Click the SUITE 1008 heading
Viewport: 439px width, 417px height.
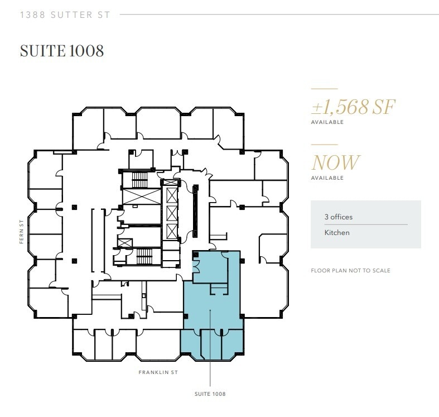coord(62,51)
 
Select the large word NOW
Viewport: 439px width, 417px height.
coord(335,162)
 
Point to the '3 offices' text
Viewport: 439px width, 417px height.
coord(339,217)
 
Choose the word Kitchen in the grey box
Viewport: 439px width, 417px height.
coord(337,232)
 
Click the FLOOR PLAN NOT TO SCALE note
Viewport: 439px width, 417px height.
coord(350,271)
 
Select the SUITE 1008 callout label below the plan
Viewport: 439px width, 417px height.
coord(210,394)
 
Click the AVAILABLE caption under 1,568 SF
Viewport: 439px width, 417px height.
coord(327,122)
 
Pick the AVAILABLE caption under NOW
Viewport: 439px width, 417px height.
coord(327,178)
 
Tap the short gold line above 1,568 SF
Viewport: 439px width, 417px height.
coord(324,89)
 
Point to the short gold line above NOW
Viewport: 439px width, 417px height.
coord(324,145)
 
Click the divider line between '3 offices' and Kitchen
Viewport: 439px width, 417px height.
coord(365,224)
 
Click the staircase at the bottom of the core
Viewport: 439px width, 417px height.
coord(144,257)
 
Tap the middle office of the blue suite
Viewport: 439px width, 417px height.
coord(211,343)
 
